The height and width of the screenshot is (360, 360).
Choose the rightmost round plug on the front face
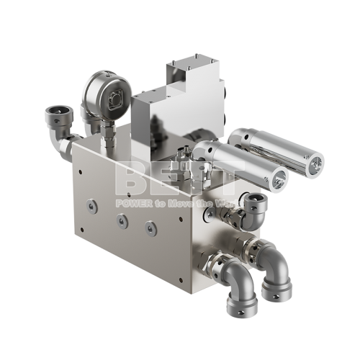coord(150,228)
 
